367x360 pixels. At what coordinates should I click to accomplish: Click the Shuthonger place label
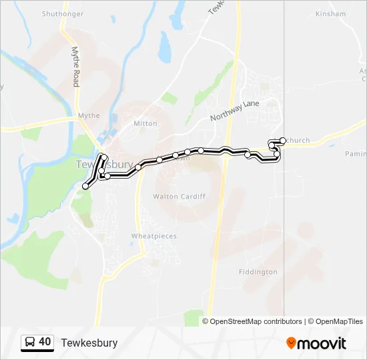tap(63, 13)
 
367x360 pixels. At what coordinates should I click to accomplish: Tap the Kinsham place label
tap(331, 13)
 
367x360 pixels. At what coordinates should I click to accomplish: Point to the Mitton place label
tap(145, 123)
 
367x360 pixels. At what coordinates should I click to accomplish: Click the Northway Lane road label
tap(234, 110)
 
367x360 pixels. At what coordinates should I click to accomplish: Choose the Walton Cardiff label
tap(179, 197)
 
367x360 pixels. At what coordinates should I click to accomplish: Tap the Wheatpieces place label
tap(154, 237)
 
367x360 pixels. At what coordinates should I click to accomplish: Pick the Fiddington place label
tap(258, 272)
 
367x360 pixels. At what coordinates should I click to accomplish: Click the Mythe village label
tap(89, 115)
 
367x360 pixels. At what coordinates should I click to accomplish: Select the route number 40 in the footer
tap(45, 342)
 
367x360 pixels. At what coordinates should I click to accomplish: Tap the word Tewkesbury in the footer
tap(89, 343)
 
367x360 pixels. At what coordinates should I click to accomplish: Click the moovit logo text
tap(322, 343)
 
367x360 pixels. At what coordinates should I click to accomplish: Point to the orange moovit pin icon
tap(291, 343)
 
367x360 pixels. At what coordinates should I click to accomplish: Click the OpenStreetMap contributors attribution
tap(252, 321)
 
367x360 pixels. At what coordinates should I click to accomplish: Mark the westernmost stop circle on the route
tap(85, 186)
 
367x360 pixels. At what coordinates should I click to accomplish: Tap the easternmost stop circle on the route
tap(284, 140)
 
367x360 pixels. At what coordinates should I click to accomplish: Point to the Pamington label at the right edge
tap(356, 154)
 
